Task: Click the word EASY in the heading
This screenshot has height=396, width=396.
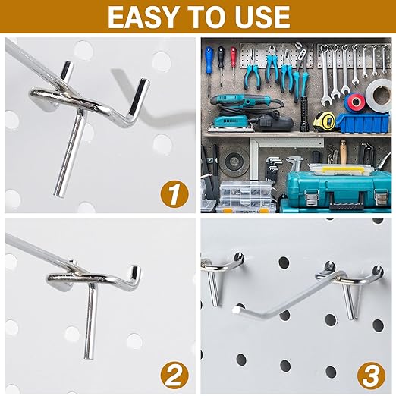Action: [143, 17]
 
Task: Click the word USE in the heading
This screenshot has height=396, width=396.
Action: [259, 17]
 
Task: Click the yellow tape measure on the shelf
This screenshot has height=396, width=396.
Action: [324, 121]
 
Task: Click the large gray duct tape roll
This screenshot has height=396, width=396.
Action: [379, 96]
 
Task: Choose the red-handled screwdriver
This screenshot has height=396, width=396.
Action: [233, 57]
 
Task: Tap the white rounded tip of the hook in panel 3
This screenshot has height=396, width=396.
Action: [237, 310]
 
